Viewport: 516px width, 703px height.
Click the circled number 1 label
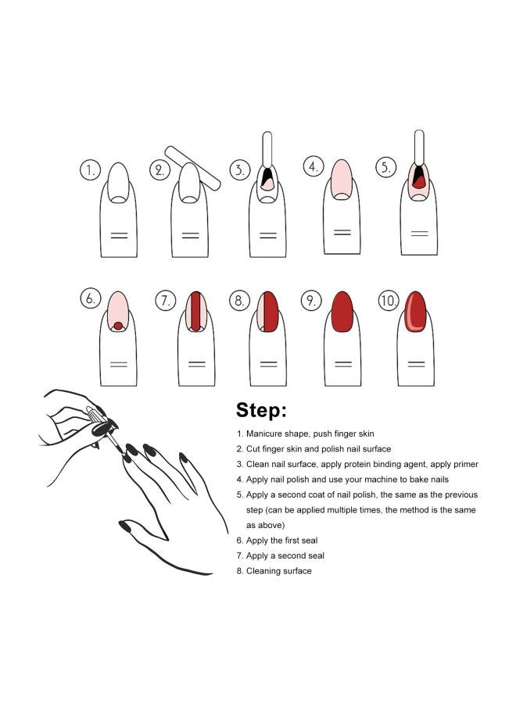(91, 170)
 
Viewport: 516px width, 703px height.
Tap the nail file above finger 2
(193, 166)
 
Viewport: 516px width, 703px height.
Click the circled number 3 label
(239, 170)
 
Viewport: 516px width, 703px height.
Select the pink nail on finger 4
(341, 179)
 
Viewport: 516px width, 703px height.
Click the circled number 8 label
(239, 300)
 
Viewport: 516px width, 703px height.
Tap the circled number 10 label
(389, 300)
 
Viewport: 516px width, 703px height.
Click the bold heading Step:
(261, 410)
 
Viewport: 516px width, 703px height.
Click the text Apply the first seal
(281, 541)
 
